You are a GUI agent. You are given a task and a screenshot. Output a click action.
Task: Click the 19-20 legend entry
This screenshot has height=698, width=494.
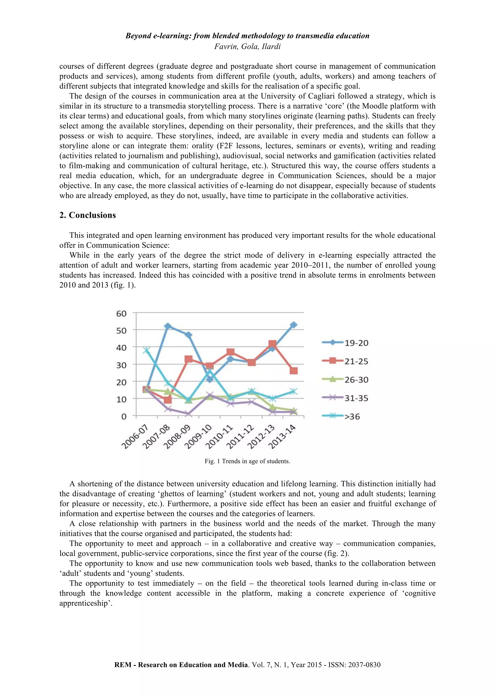[356, 343]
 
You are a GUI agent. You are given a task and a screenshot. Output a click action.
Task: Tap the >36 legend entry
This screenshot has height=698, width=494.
[352, 416]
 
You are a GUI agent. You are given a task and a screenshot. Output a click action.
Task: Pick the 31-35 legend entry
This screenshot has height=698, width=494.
[356, 398]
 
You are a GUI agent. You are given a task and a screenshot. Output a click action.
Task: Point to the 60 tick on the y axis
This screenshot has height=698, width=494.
[121, 313]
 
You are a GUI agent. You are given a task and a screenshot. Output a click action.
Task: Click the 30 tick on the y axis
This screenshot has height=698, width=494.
[121, 365]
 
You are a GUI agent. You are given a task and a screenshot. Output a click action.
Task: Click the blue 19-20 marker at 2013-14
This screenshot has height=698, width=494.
[294, 325]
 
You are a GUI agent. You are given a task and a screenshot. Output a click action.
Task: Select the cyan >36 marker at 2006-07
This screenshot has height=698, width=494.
[147, 350]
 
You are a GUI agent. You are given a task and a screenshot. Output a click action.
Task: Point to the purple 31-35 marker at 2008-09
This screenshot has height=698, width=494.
[189, 414]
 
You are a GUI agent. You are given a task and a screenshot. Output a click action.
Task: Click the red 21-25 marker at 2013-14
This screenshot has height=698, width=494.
[294, 371]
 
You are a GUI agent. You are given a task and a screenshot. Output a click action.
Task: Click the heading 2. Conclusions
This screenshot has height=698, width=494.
[88, 215]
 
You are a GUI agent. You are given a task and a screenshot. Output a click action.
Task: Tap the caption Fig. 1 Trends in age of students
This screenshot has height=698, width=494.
[247, 461]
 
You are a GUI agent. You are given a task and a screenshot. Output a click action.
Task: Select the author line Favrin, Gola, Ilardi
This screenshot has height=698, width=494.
[247, 46]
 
